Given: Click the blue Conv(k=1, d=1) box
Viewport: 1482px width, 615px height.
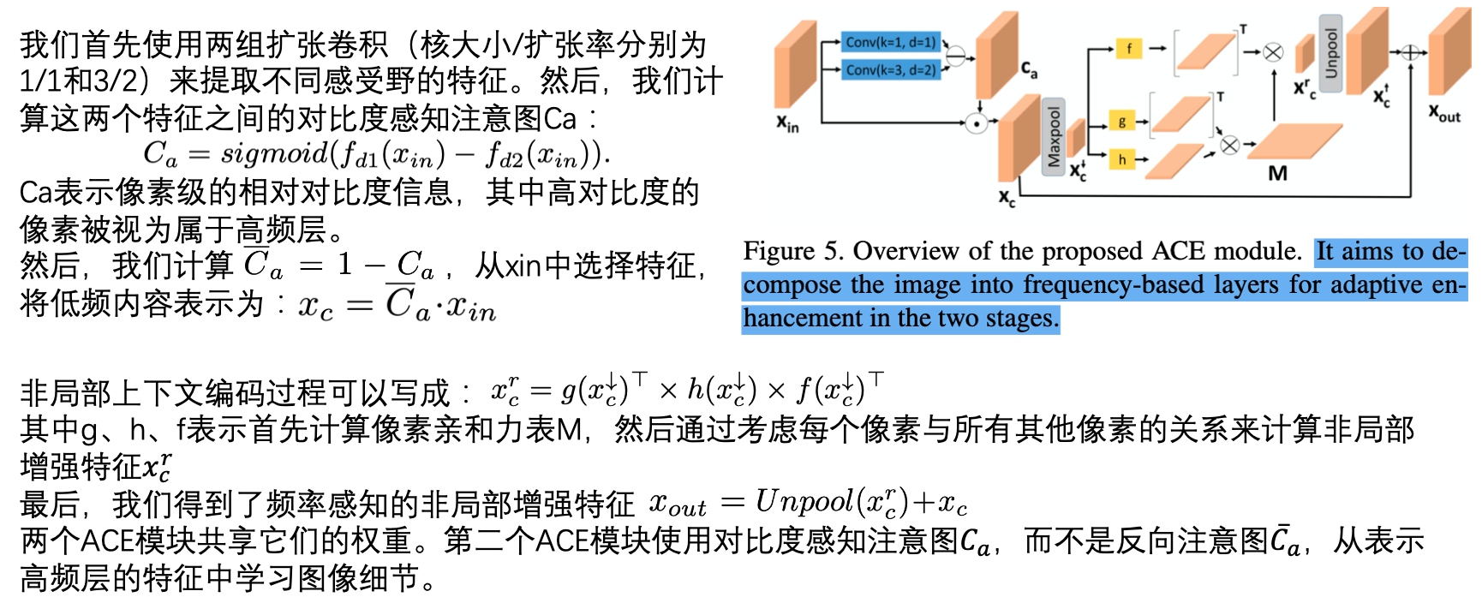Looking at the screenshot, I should [x=891, y=42].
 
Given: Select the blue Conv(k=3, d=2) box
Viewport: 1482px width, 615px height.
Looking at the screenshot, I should [x=891, y=69].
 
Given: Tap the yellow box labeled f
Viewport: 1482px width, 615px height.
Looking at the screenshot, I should [x=1129, y=49].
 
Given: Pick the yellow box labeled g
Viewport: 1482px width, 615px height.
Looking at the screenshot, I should [x=1122, y=121].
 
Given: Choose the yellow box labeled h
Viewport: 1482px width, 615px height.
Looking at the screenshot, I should [x=1122, y=159].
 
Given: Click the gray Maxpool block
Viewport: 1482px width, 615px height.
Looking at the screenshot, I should [x=1054, y=137].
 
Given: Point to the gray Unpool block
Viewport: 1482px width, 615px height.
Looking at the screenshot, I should [x=1330, y=53].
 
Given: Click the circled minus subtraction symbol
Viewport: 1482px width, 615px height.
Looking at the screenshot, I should [x=955, y=57].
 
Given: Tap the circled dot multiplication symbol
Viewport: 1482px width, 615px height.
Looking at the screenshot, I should [x=976, y=124].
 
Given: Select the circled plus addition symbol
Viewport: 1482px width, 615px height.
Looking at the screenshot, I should [x=1410, y=53].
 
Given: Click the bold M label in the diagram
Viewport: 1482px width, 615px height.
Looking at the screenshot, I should [x=1277, y=174].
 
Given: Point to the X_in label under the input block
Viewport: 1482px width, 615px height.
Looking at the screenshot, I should [x=787, y=124].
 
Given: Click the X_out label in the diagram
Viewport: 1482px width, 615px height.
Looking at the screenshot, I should [x=1443, y=113].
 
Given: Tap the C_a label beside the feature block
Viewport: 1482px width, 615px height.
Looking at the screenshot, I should [x=1029, y=69].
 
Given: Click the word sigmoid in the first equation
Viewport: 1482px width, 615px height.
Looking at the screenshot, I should [x=274, y=154].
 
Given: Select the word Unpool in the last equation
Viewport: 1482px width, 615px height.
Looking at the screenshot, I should [x=804, y=502].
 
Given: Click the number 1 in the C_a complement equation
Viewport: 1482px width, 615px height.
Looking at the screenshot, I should [x=344, y=264].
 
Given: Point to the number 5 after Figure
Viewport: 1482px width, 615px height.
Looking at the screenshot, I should [x=831, y=251].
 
